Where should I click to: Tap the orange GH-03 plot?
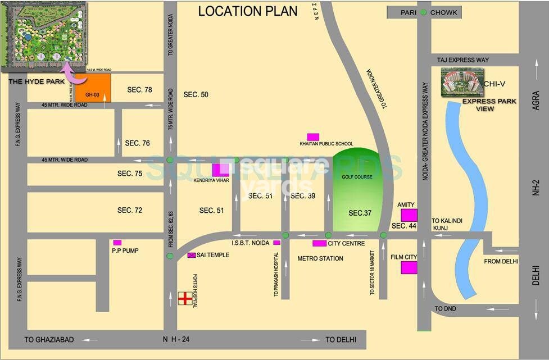click(x=93, y=88)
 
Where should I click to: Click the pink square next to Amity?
click(x=409, y=216)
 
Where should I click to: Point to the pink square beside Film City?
click(x=409, y=267)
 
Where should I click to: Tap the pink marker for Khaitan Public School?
click(x=313, y=136)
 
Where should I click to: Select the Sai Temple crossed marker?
click(x=192, y=255)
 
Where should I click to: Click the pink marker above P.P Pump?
click(x=117, y=243)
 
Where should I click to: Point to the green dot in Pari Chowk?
click(x=423, y=12)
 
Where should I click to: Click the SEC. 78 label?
click(x=140, y=90)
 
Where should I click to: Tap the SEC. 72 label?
click(x=130, y=210)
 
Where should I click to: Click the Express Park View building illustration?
click(x=462, y=83)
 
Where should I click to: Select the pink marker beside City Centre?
click(x=319, y=243)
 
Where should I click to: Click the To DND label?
click(x=446, y=309)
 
